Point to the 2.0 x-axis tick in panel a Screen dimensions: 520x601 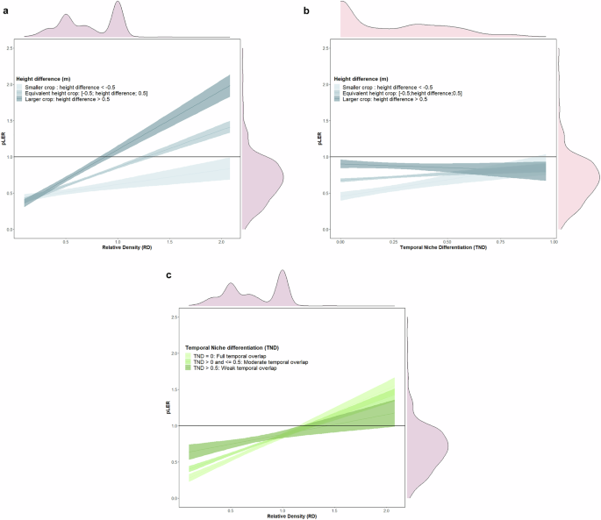point(219,239)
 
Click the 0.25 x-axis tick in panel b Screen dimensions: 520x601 point(394,239)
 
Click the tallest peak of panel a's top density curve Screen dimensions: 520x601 point(118,4)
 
